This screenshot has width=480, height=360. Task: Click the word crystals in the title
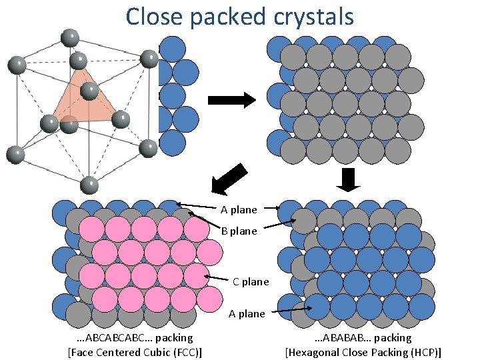tap(311, 16)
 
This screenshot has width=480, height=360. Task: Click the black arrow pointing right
tap(232, 101)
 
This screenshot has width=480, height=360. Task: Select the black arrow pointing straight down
tap(349, 179)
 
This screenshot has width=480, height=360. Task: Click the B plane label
tap(239, 231)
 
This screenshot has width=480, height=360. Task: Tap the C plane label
tap(251, 281)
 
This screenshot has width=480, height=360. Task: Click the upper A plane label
tap(239, 210)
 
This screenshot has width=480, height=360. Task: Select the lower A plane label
tap(247, 313)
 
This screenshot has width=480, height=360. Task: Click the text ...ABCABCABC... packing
tap(135, 338)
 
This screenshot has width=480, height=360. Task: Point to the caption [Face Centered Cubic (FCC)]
tap(135, 352)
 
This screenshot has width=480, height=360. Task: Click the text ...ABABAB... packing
tap(363, 338)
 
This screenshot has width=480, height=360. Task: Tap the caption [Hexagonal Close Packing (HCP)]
tap(363, 352)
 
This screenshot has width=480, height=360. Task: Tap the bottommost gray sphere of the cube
tap(89, 185)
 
